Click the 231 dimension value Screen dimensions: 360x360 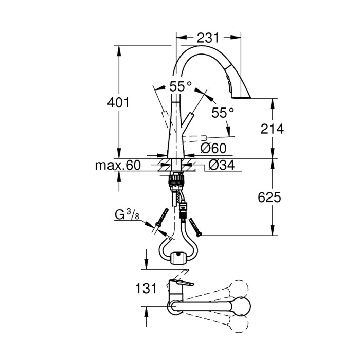click(x=208, y=38)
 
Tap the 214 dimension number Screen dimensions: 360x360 click(x=272, y=129)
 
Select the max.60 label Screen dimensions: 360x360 click(x=118, y=165)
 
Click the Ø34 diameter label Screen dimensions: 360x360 click(x=222, y=165)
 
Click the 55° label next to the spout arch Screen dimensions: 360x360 click(x=180, y=86)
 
